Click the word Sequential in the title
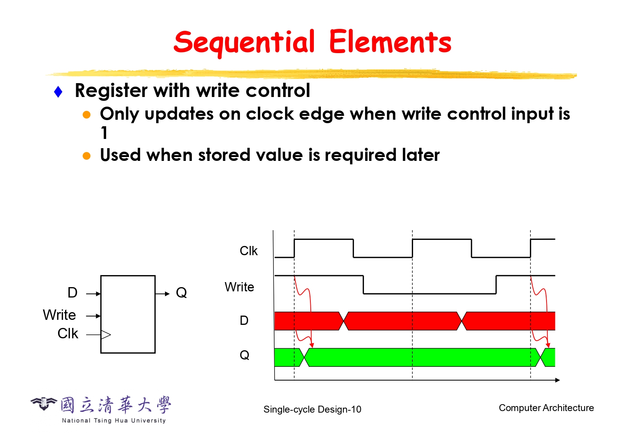pos(244,43)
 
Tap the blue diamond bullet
pos(58,92)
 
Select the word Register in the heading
pos(111,91)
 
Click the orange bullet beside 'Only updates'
pos(87,115)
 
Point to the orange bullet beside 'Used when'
pos(87,156)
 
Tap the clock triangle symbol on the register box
pos(106,334)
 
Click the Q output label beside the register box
pos(182,293)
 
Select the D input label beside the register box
pos(73,293)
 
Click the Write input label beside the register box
pos(59,315)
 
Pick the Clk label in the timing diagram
pos(248,251)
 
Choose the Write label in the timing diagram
pos(239,287)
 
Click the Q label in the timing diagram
pos(244,355)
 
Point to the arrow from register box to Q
pos(162,294)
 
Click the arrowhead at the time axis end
pos(557,380)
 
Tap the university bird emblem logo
pos(43,403)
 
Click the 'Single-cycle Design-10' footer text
pos(312,409)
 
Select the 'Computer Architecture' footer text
pos(546,408)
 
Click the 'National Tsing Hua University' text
pos(114,420)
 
